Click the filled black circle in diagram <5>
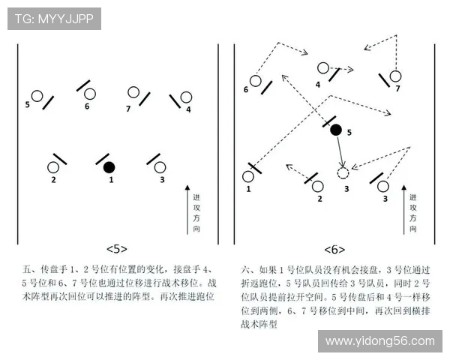point(109,166)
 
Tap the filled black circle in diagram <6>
point(336,130)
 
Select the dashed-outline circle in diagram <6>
point(343,173)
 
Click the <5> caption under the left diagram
point(117,249)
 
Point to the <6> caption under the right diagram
point(334,249)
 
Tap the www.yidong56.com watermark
point(379,341)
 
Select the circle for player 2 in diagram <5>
point(53,167)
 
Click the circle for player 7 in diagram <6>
point(395,76)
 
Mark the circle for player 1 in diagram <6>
point(248,177)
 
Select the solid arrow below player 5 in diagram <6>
point(340,152)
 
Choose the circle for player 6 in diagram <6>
point(255,81)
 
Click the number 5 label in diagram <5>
point(27,105)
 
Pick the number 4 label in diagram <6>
point(318,85)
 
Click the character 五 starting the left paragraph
point(28,268)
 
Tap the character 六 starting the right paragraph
point(245,268)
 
